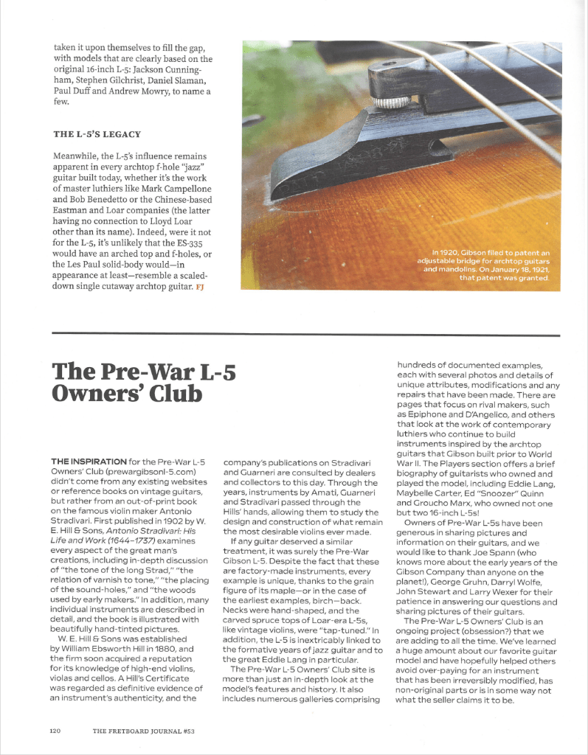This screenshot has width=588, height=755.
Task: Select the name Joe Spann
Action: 516,552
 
